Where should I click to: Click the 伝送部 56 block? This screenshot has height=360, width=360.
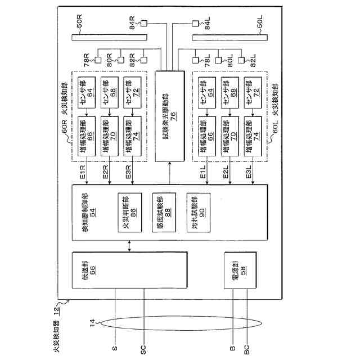(x=129, y=270)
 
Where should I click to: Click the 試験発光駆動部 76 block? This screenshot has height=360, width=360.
(x=169, y=116)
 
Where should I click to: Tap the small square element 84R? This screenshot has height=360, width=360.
(x=143, y=24)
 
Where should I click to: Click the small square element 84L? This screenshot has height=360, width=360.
(x=196, y=24)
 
